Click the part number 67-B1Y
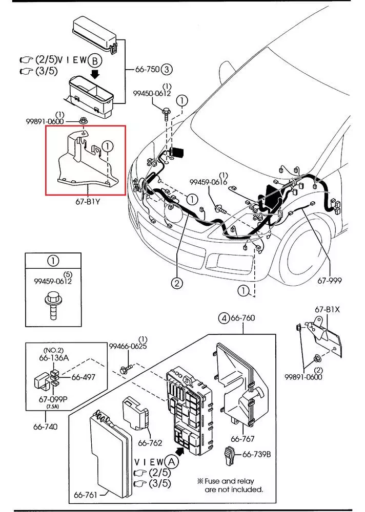coord(88,201)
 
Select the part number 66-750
coord(148,69)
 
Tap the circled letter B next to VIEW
coord(95,61)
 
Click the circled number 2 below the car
coord(177,283)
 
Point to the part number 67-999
coord(329,281)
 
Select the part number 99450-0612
coord(152,93)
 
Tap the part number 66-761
coord(86,495)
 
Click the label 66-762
coord(150,443)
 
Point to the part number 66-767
coord(242,439)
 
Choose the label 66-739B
coord(256,454)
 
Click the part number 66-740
coord(45,426)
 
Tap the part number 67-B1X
coord(328,309)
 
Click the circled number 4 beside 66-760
coord(224,318)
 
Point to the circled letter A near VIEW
coord(172,462)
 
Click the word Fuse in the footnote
coord(213,481)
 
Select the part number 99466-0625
coord(128,346)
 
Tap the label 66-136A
coord(54,358)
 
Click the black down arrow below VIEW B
coord(95,74)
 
